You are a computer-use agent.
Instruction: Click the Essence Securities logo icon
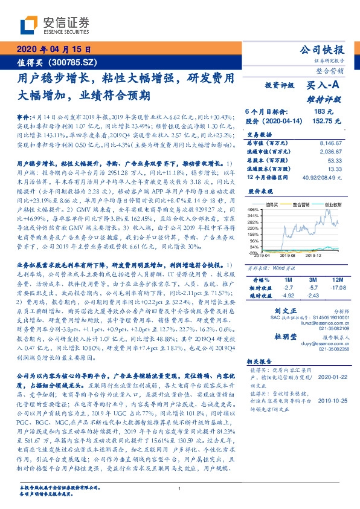coord(30,25)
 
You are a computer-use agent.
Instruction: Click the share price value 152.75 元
coord(319,121)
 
